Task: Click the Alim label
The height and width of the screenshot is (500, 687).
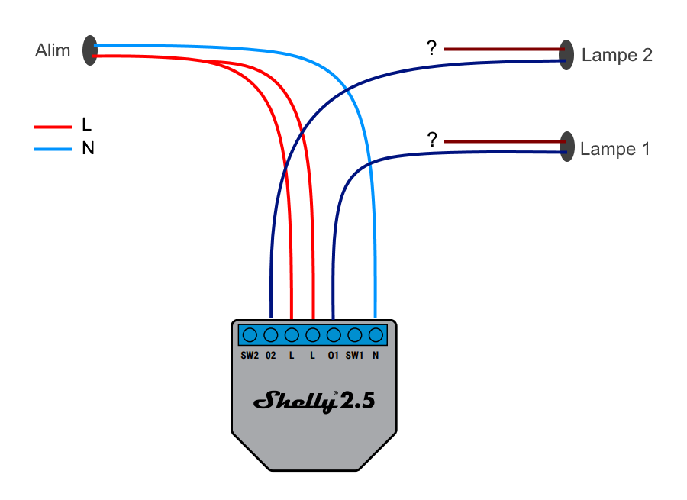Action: click(x=53, y=51)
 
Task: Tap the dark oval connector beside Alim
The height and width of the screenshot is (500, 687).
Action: click(x=90, y=50)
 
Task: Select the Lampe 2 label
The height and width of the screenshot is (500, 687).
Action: click(x=617, y=56)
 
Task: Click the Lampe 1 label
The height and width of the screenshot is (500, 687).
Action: click(x=614, y=149)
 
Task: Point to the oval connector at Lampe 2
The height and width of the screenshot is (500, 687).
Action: click(x=566, y=55)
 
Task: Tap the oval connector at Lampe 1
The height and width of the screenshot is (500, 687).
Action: click(x=566, y=147)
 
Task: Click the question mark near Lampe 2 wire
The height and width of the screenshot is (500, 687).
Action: click(x=431, y=49)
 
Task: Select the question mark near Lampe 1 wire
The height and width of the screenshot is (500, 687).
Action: click(x=432, y=140)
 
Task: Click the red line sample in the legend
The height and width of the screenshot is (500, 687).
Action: click(x=53, y=127)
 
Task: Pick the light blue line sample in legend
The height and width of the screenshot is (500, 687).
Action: click(x=53, y=149)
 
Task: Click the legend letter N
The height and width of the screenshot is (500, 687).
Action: click(x=88, y=149)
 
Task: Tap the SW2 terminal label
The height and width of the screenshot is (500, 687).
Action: click(x=250, y=356)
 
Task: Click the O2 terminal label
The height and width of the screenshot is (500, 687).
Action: click(x=270, y=356)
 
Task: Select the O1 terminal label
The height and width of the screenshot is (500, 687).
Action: click(x=334, y=356)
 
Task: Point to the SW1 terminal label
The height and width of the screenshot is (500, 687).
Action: click(x=354, y=356)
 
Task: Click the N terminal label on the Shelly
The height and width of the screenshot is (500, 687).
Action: click(x=376, y=356)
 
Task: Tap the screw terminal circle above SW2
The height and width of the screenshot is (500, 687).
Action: click(x=250, y=334)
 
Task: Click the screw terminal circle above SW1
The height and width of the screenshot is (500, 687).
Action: click(x=354, y=334)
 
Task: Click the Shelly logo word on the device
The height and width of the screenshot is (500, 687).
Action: click(x=296, y=400)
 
